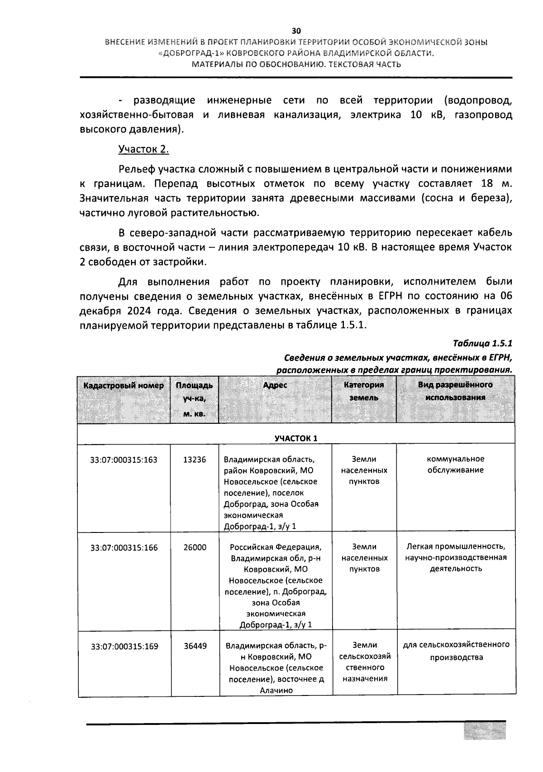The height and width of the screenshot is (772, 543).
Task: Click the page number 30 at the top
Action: [296, 31]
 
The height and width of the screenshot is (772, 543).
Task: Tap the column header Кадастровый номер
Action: [124, 385]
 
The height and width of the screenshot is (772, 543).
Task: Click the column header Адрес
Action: [275, 385]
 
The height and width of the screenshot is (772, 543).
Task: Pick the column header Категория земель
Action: [364, 391]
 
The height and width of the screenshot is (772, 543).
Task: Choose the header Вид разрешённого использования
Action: [455, 391]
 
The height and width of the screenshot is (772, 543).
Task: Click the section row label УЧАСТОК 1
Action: [296, 438]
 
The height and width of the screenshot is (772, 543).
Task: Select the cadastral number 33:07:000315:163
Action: [124, 460]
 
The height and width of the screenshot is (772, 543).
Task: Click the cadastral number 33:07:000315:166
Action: [124, 547]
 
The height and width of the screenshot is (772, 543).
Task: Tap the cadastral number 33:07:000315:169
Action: [124, 646]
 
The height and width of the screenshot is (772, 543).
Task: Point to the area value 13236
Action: [194, 460]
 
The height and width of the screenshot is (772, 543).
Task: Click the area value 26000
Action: [195, 547]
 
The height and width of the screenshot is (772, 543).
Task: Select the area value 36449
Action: [195, 646]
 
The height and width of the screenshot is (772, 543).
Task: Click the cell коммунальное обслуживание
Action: [455, 465]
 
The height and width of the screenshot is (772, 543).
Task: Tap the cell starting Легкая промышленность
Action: [455, 557]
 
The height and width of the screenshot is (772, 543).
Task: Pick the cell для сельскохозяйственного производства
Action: [456, 651]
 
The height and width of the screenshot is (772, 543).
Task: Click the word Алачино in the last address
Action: [276, 690]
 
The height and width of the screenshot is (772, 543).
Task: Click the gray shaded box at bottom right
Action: [484, 730]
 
